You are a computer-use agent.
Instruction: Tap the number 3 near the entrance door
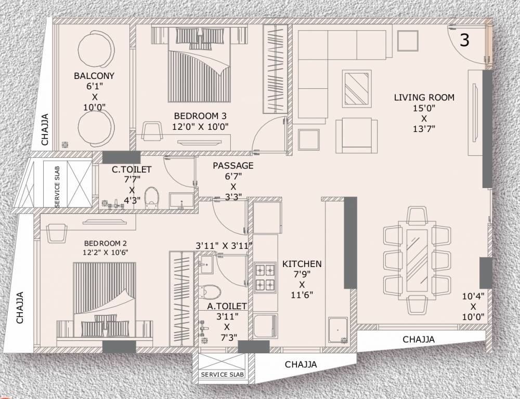point(464,41)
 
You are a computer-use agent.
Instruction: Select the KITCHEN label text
point(302,264)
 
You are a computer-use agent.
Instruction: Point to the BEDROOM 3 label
point(200,116)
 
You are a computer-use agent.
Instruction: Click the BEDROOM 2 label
point(106,243)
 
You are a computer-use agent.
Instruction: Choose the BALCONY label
point(94,76)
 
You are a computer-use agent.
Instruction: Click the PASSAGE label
point(233,166)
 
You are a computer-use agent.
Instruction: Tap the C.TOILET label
point(132,169)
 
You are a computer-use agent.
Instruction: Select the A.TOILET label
point(227,307)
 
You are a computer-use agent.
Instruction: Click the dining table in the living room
point(416,253)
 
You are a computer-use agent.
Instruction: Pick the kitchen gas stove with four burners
point(265,277)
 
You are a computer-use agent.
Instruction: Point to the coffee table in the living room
point(356,88)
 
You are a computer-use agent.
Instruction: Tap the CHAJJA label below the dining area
point(419,339)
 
